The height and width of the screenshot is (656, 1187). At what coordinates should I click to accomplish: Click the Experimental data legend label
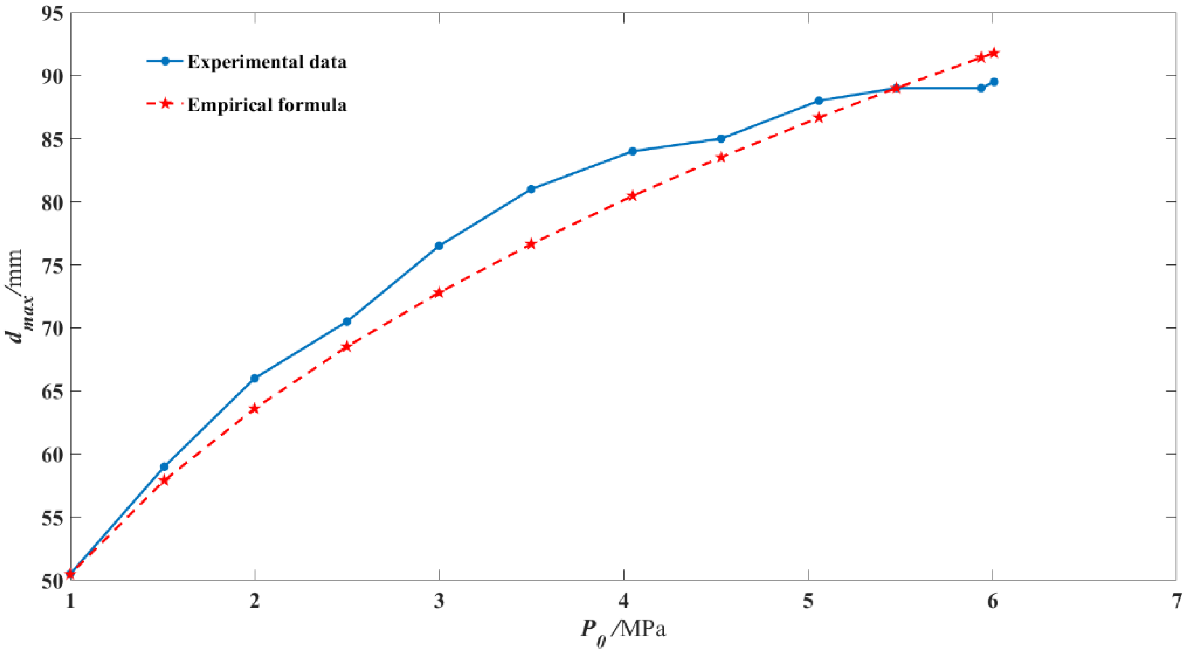[x=267, y=62]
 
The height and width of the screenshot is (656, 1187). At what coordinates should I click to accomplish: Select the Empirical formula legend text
[x=267, y=105]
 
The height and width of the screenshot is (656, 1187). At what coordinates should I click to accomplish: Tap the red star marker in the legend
[x=165, y=104]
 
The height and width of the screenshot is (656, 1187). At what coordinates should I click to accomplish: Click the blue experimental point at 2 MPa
[x=254, y=378]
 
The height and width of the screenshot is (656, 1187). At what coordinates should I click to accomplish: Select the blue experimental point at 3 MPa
[x=439, y=246]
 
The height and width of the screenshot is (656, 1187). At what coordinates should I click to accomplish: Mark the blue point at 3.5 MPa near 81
[x=531, y=189]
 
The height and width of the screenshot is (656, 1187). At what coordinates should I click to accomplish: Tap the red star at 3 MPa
[x=439, y=293]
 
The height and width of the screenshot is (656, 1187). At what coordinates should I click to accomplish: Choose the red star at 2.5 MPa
[x=346, y=347]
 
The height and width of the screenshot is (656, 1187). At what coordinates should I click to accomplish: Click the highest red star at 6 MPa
[x=994, y=53]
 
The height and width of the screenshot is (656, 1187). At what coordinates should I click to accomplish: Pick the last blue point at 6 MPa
[x=994, y=81]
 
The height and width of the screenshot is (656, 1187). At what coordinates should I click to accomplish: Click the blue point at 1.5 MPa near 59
[x=164, y=467]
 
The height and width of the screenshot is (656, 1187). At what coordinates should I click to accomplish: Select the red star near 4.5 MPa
[x=721, y=157]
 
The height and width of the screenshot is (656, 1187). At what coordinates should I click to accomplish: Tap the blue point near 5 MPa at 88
[x=818, y=100]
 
